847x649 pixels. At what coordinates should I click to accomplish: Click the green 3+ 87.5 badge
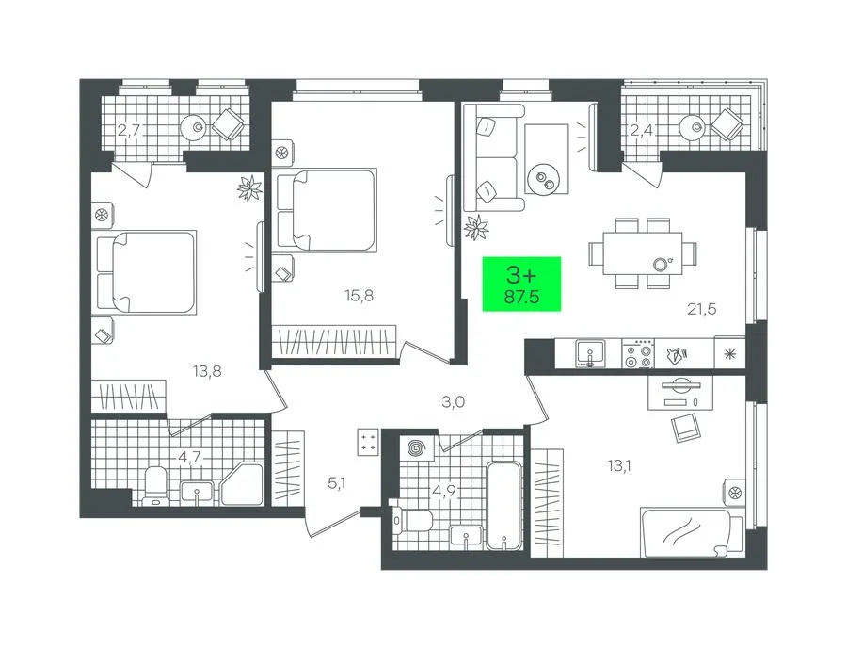pyautogui.click(x=521, y=284)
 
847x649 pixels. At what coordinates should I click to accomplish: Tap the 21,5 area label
pyautogui.click(x=702, y=309)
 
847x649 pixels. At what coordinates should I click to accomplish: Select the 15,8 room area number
pyautogui.click(x=360, y=296)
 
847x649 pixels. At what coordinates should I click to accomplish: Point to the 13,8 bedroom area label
pyautogui.click(x=207, y=371)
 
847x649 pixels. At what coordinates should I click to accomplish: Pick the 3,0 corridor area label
pyautogui.click(x=453, y=402)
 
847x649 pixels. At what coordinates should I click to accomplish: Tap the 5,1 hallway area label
pyautogui.click(x=336, y=483)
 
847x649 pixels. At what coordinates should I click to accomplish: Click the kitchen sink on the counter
pyautogui.click(x=590, y=353)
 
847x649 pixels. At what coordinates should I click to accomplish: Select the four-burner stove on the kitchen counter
pyautogui.click(x=637, y=353)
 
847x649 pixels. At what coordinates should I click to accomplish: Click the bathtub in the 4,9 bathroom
pyautogui.click(x=503, y=505)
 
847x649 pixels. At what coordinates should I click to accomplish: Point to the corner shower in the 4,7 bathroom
pyautogui.click(x=243, y=484)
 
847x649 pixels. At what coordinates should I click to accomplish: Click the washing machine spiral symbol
pyautogui.click(x=417, y=448)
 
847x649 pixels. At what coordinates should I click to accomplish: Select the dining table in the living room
pyautogui.click(x=642, y=253)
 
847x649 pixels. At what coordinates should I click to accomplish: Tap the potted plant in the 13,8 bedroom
pyautogui.click(x=250, y=188)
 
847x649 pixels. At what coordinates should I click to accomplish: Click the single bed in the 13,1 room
pyautogui.click(x=692, y=532)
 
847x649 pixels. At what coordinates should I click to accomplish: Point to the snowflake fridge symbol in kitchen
pyautogui.click(x=729, y=354)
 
